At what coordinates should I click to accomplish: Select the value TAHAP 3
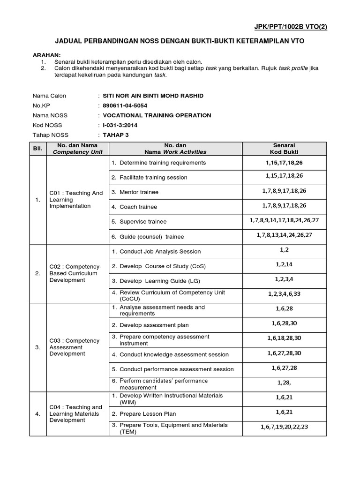click(x=115, y=135)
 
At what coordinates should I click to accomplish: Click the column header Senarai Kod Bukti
click(x=284, y=149)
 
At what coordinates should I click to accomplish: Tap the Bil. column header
click(x=37, y=149)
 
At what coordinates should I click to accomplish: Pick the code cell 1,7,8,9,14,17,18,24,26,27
click(x=284, y=220)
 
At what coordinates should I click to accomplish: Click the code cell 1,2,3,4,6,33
click(x=284, y=294)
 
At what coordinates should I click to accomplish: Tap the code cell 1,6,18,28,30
click(x=284, y=338)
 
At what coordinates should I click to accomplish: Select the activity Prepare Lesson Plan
click(x=146, y=414)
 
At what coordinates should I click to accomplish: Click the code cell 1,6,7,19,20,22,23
click(x=284, y=427)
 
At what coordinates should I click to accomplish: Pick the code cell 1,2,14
click(x=284, y=265)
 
